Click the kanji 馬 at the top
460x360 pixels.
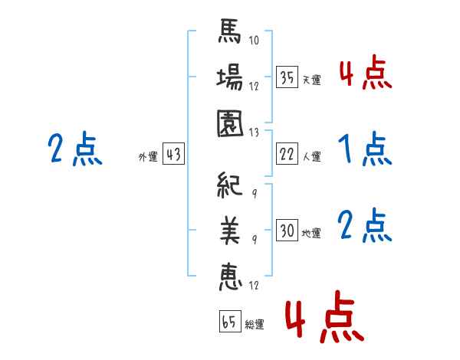[x=230, y=34]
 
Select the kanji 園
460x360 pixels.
[x=230, y=123]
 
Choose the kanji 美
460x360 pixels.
[x=230, y=230]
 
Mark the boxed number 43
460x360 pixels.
[x=173, y=154]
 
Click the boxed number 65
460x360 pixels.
[x=229, y=322]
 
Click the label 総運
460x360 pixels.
[x=254, y=325]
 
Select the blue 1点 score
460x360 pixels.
[x=364, y=149]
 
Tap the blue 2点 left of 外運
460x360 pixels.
[x=74, y=149]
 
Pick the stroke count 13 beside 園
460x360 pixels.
[x=255, y=131]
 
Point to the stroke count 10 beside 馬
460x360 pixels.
[x=255, y=41]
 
